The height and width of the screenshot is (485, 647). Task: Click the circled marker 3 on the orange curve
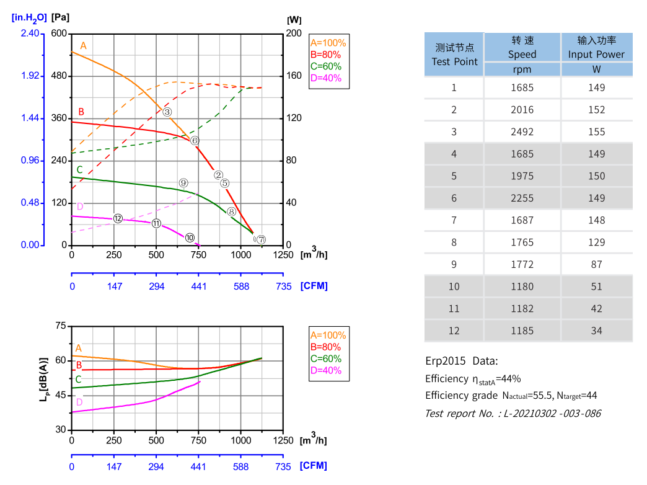coord(167,112)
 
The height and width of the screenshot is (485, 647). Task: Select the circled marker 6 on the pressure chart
coord(195,141)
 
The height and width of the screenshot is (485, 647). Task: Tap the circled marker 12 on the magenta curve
coord(118,218)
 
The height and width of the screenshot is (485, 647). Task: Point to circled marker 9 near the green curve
coord(183,183)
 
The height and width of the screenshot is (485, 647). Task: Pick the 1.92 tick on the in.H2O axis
coord(29,76)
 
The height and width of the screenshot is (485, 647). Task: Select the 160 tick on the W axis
coord(296,76)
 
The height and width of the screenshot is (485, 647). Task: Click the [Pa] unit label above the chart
coord(60,17)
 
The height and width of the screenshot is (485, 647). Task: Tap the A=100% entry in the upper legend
coord(328,43)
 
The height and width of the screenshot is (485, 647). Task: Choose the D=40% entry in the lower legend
coord(325,370)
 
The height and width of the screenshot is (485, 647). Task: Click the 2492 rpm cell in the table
coord(522,132)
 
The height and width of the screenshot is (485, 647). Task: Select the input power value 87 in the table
coord(596,264)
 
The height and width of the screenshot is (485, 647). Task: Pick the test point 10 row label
coord(454,287)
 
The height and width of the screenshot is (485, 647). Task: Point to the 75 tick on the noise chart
coord(60,326)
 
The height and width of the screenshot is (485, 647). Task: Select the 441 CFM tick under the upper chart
coord(199,286)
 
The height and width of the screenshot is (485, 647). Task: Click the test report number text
coord(513,413)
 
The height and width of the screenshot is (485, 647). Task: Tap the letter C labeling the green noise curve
coord(78,379)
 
